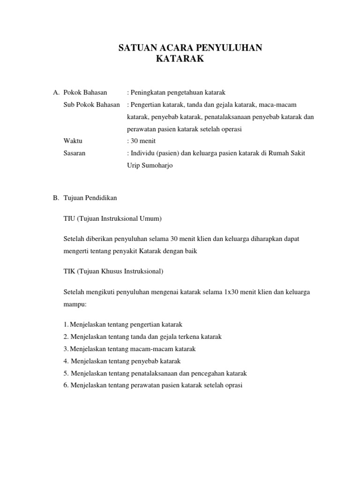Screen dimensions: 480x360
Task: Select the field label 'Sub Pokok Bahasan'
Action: [92, 104]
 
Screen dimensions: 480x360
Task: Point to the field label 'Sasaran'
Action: [75, 153]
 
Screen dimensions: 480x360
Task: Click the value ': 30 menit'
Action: [141, 141]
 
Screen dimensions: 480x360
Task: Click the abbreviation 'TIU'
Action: [69, 218]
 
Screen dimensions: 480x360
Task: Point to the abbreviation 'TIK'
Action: [69, 271]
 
